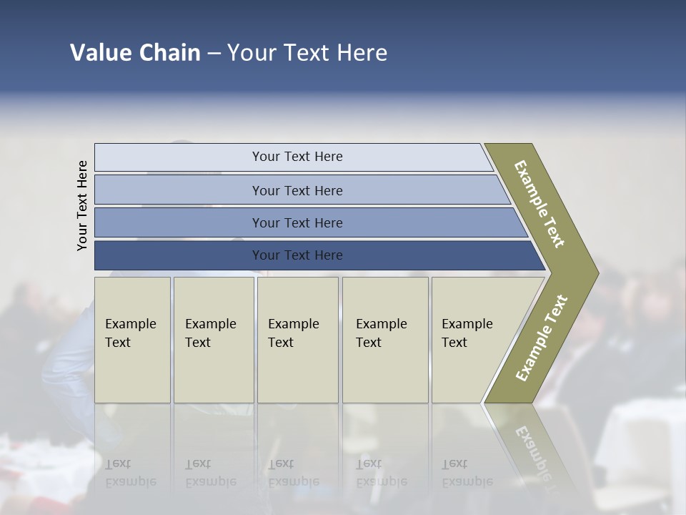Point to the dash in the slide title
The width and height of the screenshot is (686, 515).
pyautogui.click(x=214, y=54)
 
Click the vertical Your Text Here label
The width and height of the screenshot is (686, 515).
pyautogui.click(x=82, y=205)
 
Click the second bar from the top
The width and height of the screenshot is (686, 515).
pyautogui.click(x=297, y=190)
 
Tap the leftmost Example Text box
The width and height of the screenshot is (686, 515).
pyautogui.click(x=132, y=339)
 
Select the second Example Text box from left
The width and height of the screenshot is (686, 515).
pyautogui.click(x=213, y=339)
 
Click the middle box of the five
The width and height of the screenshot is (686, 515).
pyautogui.click(x=297, y=339)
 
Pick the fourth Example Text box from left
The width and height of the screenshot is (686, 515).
pyautogui.click(x=384, y=339)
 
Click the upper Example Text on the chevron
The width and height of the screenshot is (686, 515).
pyautogui.click(x=540, y=204)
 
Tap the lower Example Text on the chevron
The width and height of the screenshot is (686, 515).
pyautogui.click(x=542, y=338)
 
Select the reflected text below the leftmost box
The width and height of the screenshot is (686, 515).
pyautogui.click(x=130, y=473)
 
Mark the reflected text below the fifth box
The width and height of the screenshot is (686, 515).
pyautogui.click(x=467, y=473)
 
